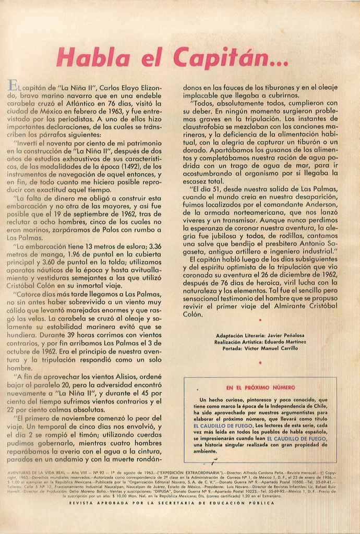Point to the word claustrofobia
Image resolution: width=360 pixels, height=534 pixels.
pos(207,127)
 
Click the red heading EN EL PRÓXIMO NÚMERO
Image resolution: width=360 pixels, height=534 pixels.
pos(261,388)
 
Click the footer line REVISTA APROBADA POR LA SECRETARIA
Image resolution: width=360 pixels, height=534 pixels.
pos(178,503)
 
